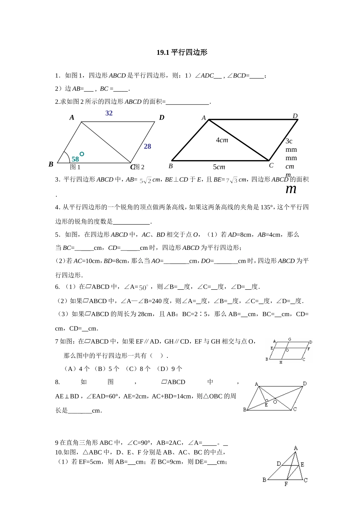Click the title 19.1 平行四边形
[x=182, y=52]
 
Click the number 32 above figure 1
[x=109, y=113]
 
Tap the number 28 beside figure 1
[x=148, y=146]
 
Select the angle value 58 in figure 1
[x=75, y=159]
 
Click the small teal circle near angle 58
[x=82, y=154]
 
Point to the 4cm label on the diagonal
[x=222, y=140]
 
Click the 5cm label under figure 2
[x=219, y=167]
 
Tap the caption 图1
[x=75, y=167]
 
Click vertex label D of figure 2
[x=295, y=116]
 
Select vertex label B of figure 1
[x=51, y=164]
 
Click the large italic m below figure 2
[x=291, y=189]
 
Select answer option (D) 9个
[x=169, y=369]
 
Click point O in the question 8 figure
[x=275, y=402]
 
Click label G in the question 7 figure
[x=290, y=340]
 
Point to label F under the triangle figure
[x=286, y=484]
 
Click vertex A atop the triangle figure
[x=296, y=448]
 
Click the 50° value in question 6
[x=143, y=287]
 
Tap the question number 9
[x=57, y=443]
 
